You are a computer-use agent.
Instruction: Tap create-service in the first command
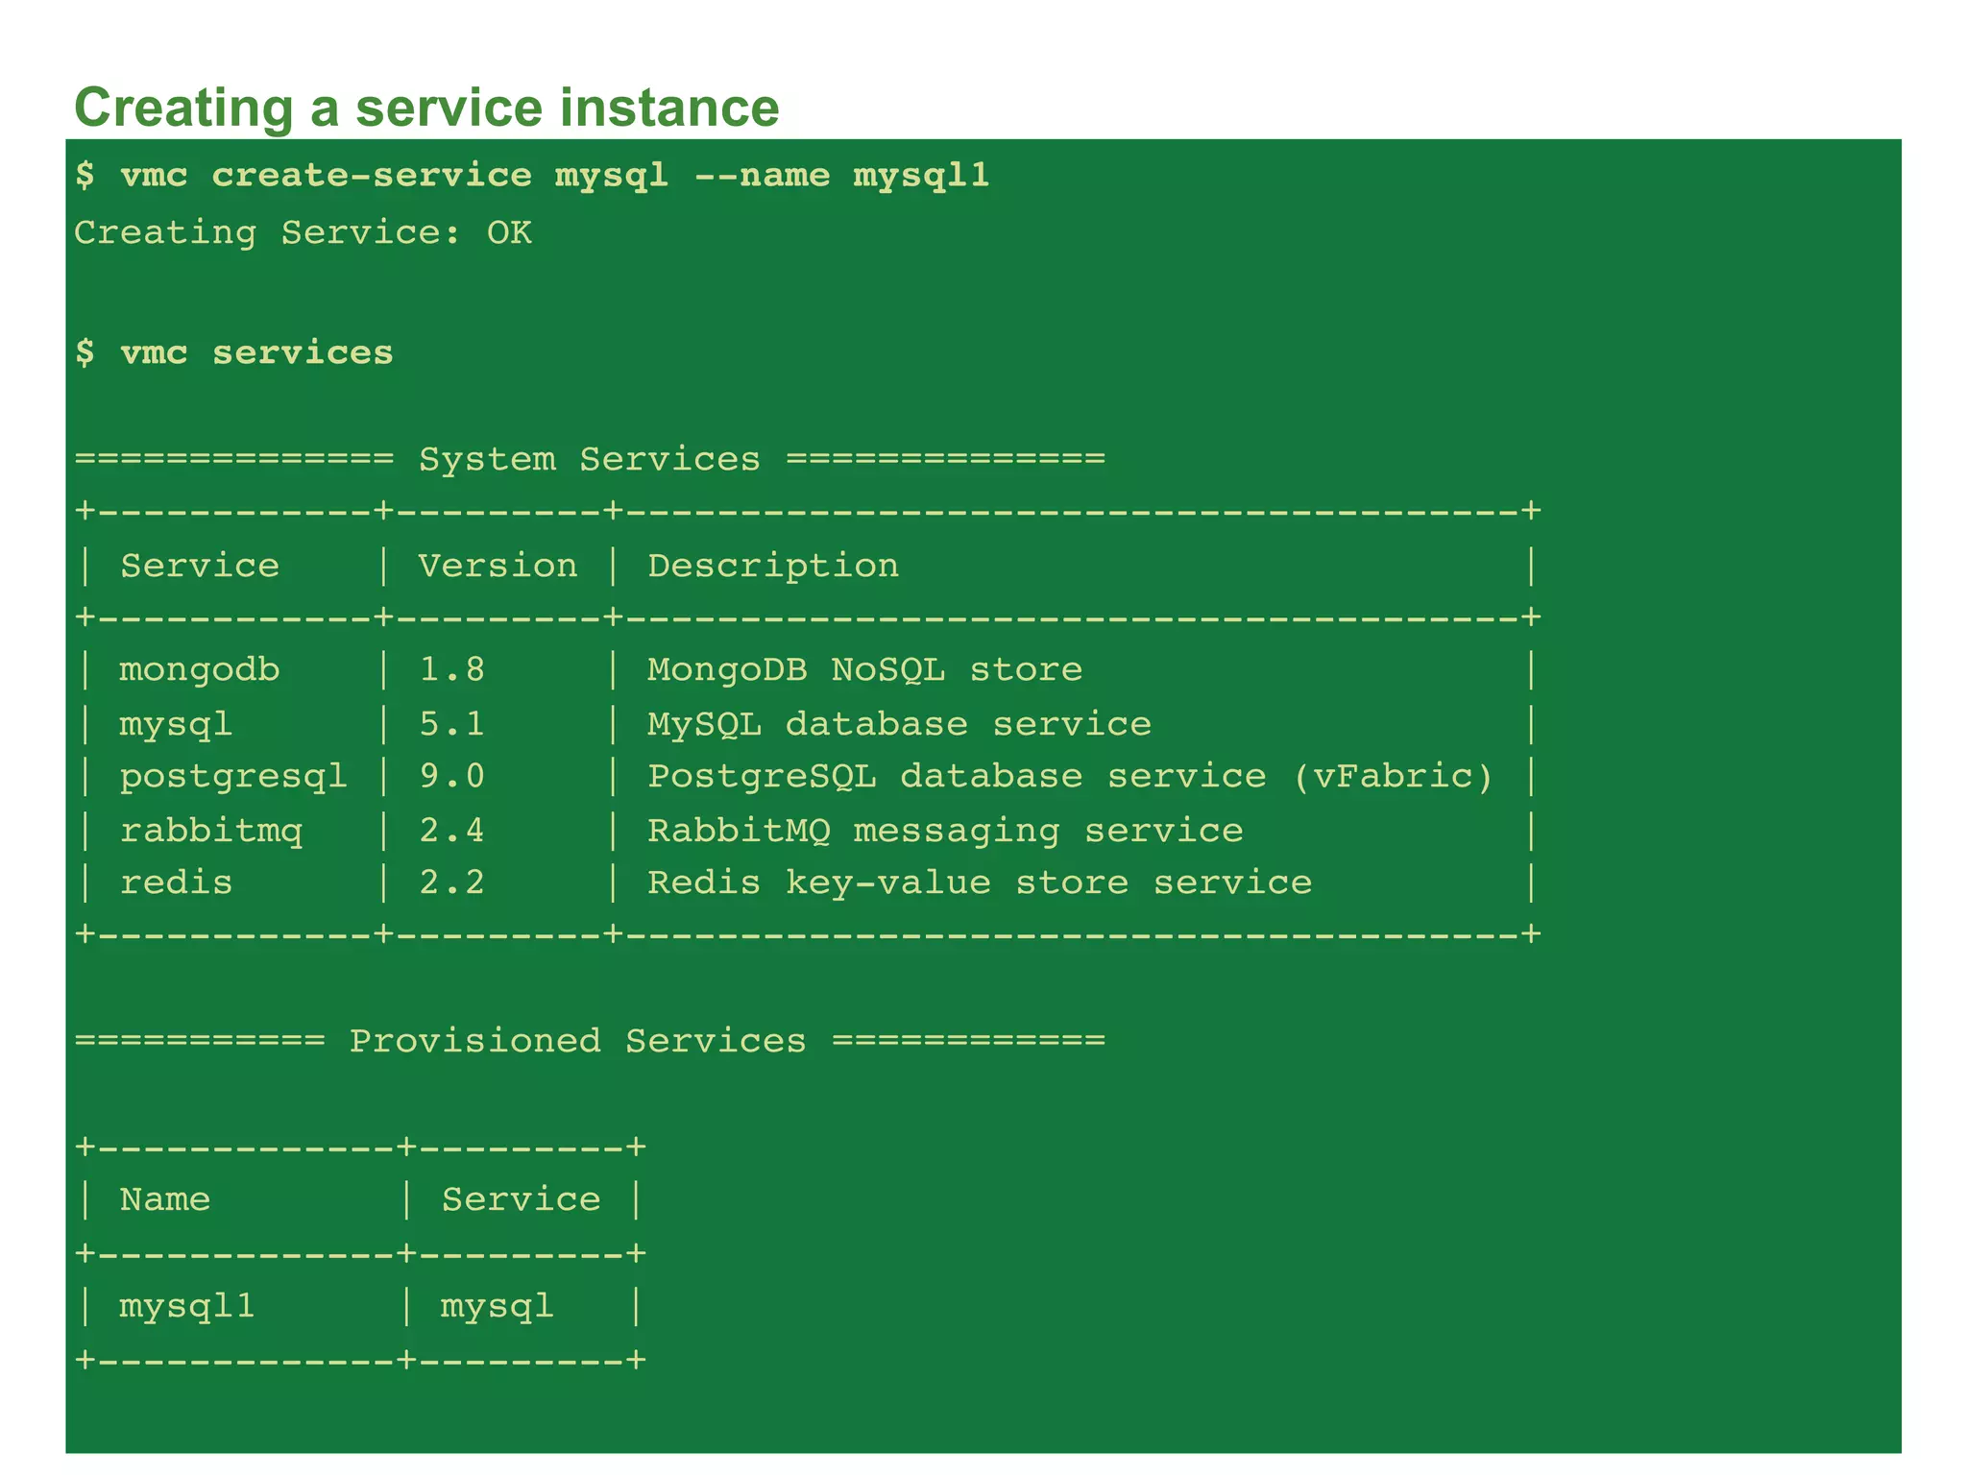pyautogui.click(x=372, y=176)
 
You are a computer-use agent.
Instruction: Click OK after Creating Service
pyautogui.click(x=509, y=233)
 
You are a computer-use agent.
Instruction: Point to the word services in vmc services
pyautogui.click(x=303, y=353)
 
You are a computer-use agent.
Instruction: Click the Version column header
pyautogui.click(x=498, y=566)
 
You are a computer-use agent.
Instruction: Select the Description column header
pyautogui.click(x=773, y=566)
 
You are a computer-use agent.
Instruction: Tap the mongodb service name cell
pyautogui.click(x=200, y=669)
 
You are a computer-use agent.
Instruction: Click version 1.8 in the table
pyautogui.click(x=451, y=669)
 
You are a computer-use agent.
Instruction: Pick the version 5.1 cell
pyautogui.click(x=451, y=724)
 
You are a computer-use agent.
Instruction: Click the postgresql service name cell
pyautogui.click(x=233, y=777)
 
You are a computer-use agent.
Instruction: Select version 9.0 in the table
pyautogui.click(x=451, y=776)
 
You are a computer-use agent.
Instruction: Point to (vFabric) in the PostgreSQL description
pyautogui.click(x=1393, y=776)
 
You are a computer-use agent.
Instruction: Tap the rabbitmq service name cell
pyautogui.click(x=211, y=831)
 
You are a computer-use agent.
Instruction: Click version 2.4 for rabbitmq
pyautogui.click(x=451, y=831)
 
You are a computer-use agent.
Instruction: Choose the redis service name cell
pyautogui.click(x=177, y=883)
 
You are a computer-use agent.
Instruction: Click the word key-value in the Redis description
pyautogui.click(x=888, y=883)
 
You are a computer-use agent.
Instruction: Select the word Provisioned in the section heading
pyautogui.click(x=474, y=1041)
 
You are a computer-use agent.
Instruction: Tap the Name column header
pyautogui.click(x=165, y=1199)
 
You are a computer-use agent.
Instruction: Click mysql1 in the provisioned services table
pyautogui.click(x=187, y=1306)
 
